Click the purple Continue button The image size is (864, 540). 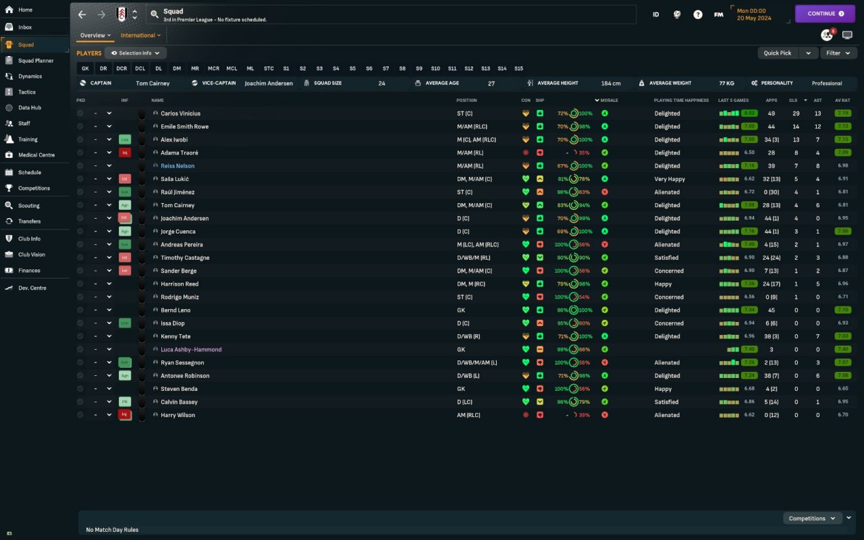coord(825,13)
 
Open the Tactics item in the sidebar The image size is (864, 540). coord(27,92)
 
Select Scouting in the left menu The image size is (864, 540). coord(28,206)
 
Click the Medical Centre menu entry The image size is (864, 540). coord(36,155)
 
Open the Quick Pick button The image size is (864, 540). coord(778,53)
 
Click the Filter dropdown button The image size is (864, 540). coord(838,53)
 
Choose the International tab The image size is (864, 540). coord(140,35)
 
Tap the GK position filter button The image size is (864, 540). coord(85,68)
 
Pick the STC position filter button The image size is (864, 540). coord(269,68)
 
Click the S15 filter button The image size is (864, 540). coord(518,68)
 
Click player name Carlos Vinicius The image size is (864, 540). coord(180,113)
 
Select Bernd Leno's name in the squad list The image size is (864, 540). coord(175,310)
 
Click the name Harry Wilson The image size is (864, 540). coord(178,415)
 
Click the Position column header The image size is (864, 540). coord(466,101)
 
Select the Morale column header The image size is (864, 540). coord(609,101)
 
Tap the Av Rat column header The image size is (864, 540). coord(842,101)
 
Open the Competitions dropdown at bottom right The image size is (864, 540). coord(812,518)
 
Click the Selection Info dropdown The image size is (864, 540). coord(136,53)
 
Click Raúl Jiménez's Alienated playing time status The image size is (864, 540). coord(667,192)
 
